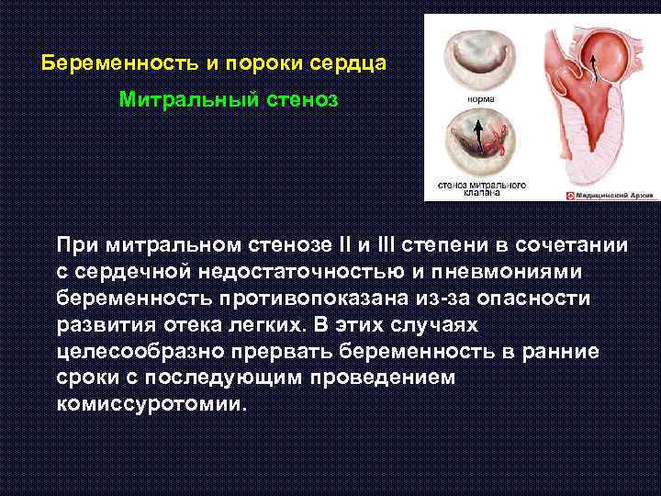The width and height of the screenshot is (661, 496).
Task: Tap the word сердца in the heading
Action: (348, 65)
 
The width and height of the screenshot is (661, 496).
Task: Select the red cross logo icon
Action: (570, 195)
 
